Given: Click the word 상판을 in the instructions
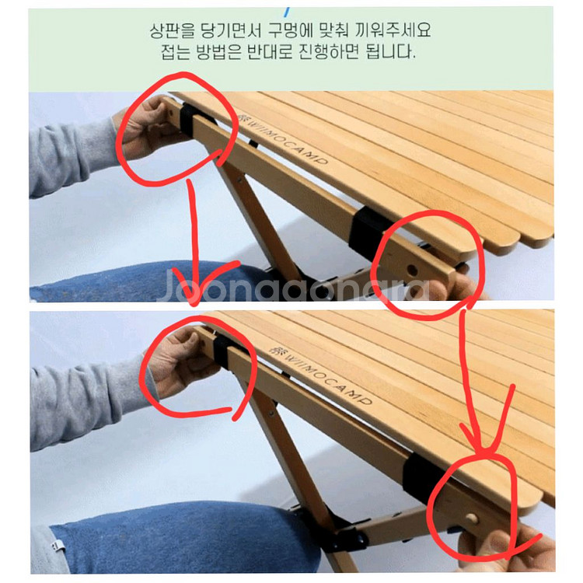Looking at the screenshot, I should (x=173, y=33).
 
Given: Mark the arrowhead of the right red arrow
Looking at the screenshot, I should (x=484, y=449).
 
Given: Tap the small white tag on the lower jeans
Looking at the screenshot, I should (x=58, y=546).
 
